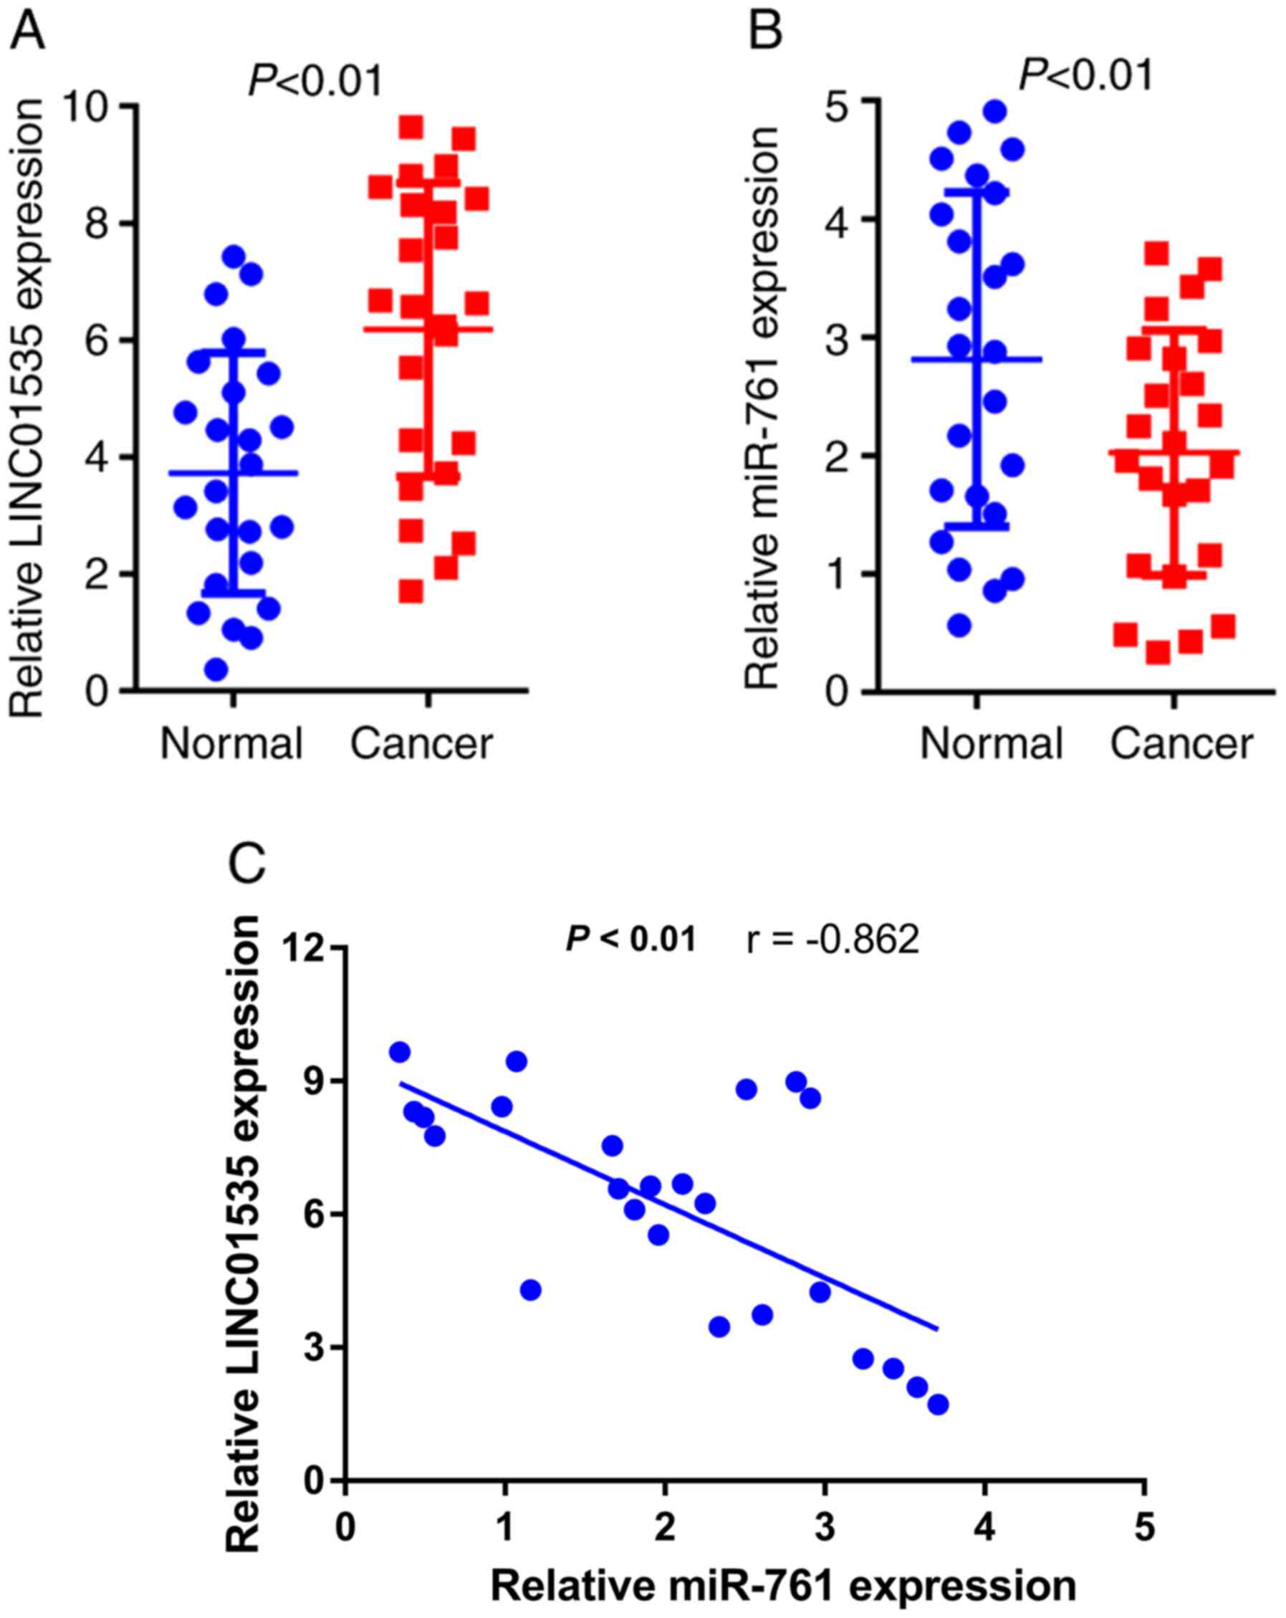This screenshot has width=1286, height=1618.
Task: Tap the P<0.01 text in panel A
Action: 315,81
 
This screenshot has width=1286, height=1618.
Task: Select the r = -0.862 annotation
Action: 832,939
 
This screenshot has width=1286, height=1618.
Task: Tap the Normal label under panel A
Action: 231,744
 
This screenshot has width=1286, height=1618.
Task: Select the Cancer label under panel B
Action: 1181,744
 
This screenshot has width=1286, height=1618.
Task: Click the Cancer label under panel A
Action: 422,744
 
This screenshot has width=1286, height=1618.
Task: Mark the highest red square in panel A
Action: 411,127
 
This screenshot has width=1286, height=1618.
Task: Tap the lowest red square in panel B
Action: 1158,653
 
